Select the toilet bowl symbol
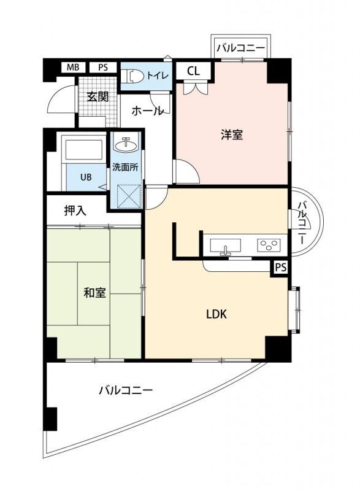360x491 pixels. click(x=134, y=75)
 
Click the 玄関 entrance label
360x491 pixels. click(x=96, y=96)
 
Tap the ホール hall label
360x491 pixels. click(x=147, y=111)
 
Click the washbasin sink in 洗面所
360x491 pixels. click(x=127, y=145)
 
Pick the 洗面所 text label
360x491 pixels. click(x=126, y=166)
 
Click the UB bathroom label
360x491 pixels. click(x=85, y=177)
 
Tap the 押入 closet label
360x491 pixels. click(x=75, y=210)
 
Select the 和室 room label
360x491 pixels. click(x=95, y=292)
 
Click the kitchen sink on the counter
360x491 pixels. click(x=226, y=245)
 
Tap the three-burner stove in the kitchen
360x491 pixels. click(x=268, y=245)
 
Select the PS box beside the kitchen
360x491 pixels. click(x=280, y=267)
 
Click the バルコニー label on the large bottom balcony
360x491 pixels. click(x=126, y=390)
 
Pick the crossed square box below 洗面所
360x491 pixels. click(x=126, y=196)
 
